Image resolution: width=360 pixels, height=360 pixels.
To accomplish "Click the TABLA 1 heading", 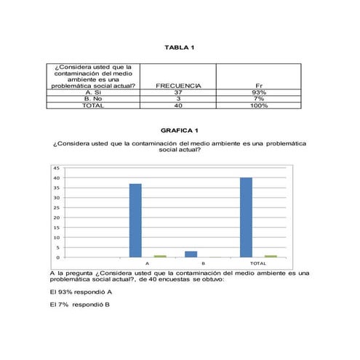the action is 180,48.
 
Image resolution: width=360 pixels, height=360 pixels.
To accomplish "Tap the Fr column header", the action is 258,86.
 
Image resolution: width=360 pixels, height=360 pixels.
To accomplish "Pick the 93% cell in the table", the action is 258,92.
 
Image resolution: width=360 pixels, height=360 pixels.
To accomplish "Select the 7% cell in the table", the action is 258,99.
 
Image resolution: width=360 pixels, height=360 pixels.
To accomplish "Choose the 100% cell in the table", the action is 258,105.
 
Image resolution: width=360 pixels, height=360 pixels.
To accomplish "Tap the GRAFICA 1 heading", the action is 180,130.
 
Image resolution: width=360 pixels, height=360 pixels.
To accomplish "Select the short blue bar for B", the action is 191,254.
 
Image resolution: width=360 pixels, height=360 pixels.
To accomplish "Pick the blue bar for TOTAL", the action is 246,217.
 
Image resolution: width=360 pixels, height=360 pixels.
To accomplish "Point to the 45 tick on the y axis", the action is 56,168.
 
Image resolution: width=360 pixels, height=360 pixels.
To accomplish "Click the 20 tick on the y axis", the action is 56,217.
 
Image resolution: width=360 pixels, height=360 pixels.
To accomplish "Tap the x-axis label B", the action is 203,263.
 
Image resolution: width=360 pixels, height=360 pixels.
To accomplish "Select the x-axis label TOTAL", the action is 257,263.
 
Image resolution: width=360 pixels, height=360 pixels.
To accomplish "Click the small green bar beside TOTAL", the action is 270,256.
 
